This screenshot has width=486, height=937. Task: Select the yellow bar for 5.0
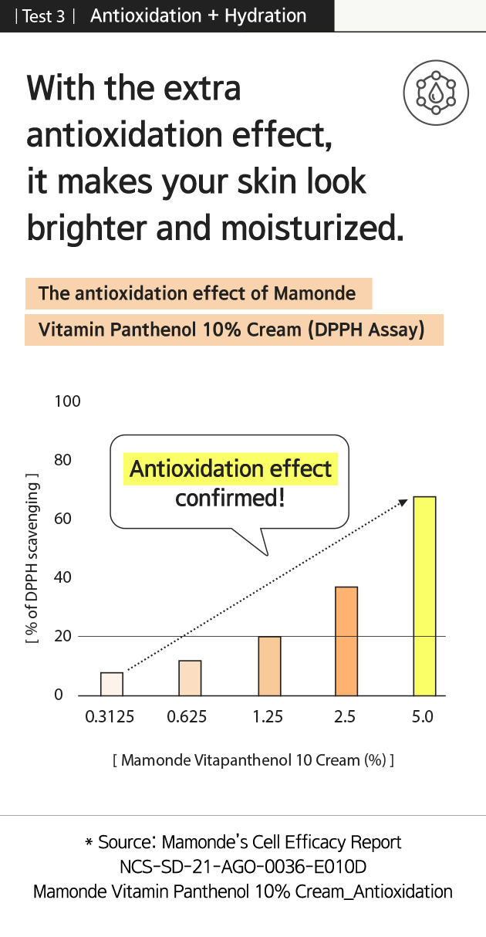pos(424,596)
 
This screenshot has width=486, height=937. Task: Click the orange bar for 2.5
pos(346,641)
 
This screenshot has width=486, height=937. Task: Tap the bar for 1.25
pos(269,666)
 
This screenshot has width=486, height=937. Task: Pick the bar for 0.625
pos(190,678)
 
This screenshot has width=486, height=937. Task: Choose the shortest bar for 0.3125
pos(112,684)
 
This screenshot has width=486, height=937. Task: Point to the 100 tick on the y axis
pos(67,401)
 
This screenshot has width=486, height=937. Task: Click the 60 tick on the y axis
pos(62,519)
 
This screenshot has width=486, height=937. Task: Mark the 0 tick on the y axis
pos(59,695)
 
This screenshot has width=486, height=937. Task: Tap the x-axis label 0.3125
pos(110,716)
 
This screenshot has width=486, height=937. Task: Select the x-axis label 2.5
pos(345,716)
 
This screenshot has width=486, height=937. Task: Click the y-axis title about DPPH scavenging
pos(32,559)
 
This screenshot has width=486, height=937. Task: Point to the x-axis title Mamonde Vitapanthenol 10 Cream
pos(254,759)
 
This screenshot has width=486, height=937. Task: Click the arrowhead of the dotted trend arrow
pos(403,502)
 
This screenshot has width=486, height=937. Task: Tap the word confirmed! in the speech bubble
pos(230,498)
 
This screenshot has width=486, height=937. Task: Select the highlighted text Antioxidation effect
pos(231,468)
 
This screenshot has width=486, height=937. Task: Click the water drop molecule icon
pos(436,93)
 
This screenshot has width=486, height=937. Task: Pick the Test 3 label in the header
pos(44,16)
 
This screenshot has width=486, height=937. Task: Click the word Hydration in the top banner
pos(265,16)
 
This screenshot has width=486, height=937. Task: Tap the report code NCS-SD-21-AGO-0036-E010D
pos(243,867)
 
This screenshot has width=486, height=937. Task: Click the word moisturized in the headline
pos(312,228)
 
